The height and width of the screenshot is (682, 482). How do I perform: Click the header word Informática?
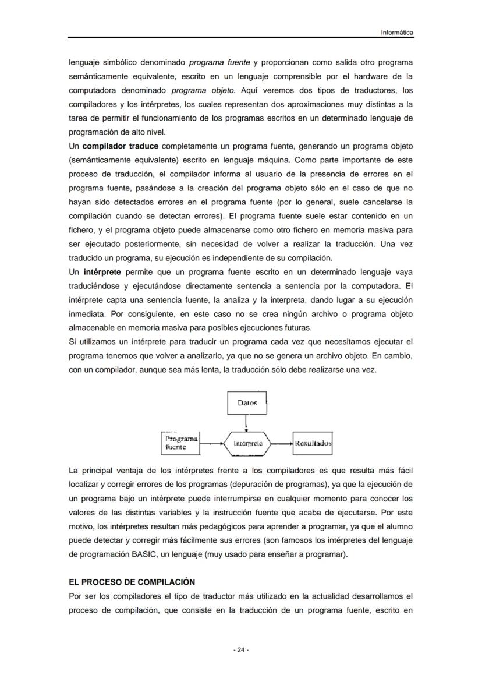click(397, 33)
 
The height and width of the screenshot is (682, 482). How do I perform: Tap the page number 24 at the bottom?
click(241, 649)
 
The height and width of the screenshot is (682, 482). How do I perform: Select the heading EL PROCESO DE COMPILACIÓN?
click(132, 582)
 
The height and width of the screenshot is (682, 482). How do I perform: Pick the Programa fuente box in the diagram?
click(180, 443)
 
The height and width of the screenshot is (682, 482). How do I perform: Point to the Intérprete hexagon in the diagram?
click(247, 443)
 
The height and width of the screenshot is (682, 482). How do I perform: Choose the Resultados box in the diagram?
click(313, 443)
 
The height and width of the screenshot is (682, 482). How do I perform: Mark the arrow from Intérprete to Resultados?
click(281, 443)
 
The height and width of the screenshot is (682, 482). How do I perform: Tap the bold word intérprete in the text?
click(102, 272)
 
